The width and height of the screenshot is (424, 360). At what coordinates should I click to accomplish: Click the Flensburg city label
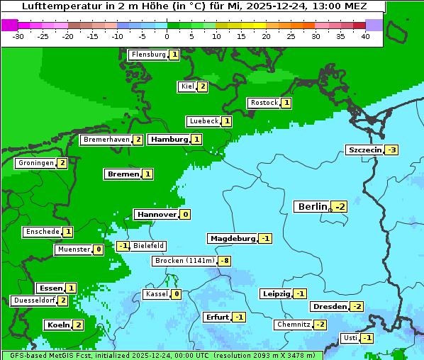[148, 55]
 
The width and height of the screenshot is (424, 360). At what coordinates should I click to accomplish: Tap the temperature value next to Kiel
[202, 86]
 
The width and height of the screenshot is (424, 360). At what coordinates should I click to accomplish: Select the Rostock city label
[264, 103]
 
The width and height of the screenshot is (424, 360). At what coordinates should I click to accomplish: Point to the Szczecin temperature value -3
[391, 150]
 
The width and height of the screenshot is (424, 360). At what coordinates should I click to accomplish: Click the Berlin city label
[313, 206]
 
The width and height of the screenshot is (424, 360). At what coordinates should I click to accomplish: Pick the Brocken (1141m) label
[184, 261]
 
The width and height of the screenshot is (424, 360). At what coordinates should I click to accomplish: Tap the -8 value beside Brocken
[224, 261]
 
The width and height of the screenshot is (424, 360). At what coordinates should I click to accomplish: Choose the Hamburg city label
[169, 140]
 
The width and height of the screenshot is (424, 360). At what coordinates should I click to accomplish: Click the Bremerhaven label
[106, 140]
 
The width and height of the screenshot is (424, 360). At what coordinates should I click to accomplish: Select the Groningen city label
[35, 163]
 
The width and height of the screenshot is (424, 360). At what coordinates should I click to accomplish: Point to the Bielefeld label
[148, 246]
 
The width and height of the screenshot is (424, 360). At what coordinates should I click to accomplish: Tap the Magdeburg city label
[232, 238]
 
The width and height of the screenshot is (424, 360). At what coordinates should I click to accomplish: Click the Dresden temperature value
[357, 307]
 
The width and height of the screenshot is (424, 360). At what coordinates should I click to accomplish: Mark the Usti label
[350, 338]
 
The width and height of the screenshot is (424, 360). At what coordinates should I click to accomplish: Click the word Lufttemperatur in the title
[54, 6]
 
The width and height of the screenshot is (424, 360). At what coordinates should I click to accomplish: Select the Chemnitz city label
[293, 325]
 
